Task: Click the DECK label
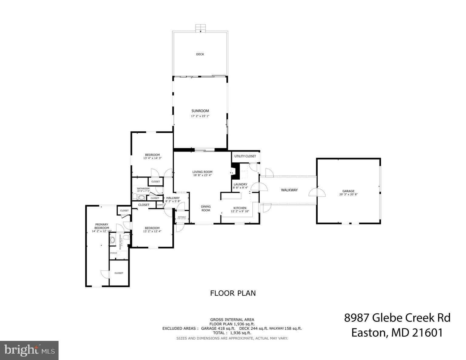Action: pos(200,54)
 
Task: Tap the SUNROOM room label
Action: pos(200,111)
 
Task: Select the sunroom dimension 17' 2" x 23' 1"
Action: pos(200,116)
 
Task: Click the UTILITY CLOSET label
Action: pos(245,156)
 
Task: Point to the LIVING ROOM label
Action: pos(202,172)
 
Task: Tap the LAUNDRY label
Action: pos(240,184)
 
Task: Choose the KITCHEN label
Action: pos(240,208)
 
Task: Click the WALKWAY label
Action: pos(289,190)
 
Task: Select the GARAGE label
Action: pos(348,191)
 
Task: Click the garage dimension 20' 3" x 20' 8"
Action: pos(348,195)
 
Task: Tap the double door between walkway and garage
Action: pos(317,192)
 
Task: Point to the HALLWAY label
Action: pos(173,198)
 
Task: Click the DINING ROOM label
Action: pos(206,209)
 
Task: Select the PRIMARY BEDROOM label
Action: pos(101,226)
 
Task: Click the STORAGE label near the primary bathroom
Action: pos(113,253)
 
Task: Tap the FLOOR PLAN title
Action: pos(233,293)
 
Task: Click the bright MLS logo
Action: pos(29,351)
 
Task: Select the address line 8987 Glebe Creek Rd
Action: pos(397,318)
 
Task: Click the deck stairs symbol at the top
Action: pos(200,28)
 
